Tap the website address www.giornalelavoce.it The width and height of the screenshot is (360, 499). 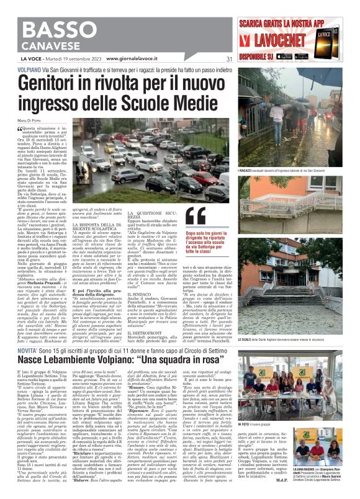[x=132, y=59]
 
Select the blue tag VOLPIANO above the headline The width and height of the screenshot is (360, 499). [x=30, y=71]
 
